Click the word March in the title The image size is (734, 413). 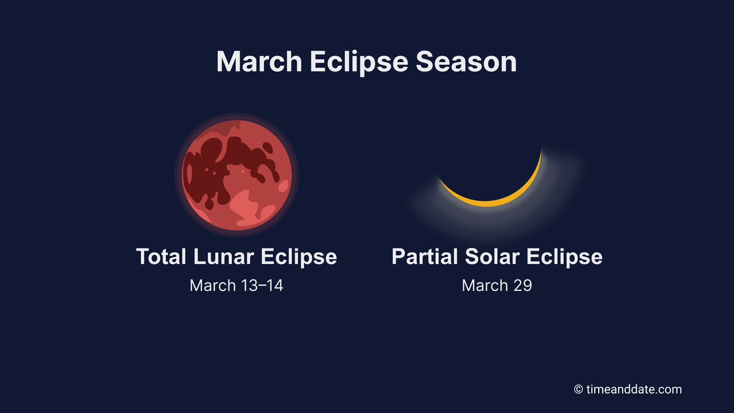point(259,61)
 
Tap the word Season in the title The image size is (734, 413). point(466,61)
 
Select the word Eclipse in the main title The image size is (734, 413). point(360,61)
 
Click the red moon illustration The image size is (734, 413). point(237,174)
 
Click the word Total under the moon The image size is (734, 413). point(162,256)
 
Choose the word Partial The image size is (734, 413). point(425,256)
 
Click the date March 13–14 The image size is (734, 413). point(236,285)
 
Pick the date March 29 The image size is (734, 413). point(497,285)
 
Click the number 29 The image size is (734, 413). point(522,285)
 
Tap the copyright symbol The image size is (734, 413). point(579,389)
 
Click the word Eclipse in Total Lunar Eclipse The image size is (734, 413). point(299,256)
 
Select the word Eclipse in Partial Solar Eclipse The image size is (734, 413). point(564,256)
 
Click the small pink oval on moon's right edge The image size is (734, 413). point(283,185)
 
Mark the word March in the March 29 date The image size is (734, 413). point(485,285)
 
